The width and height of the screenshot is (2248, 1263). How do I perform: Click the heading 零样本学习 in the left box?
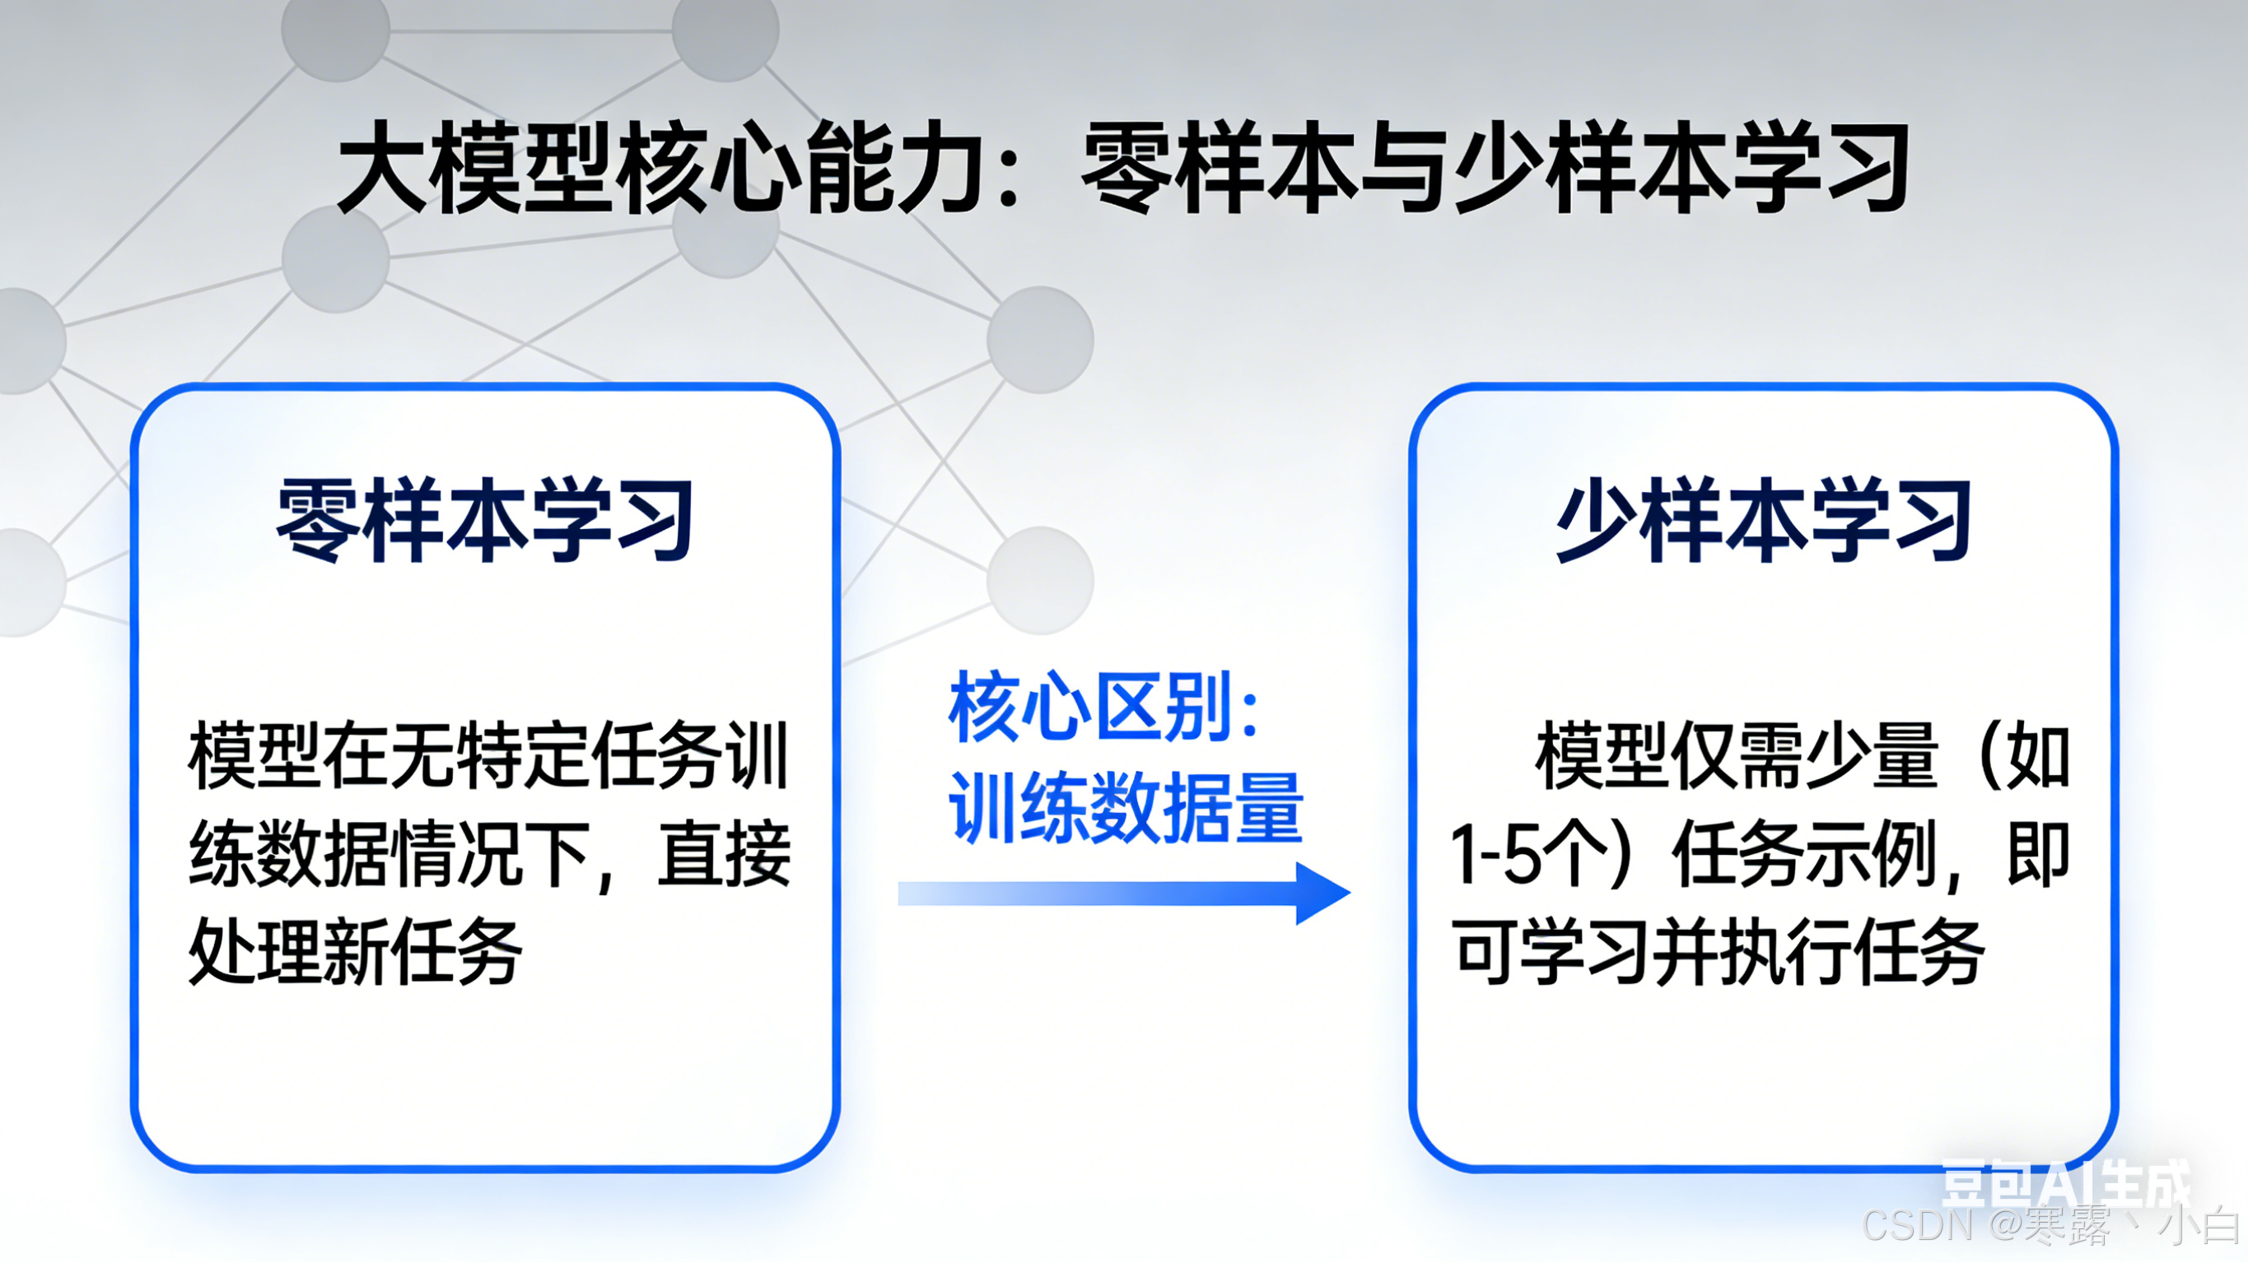[x=485, y=520]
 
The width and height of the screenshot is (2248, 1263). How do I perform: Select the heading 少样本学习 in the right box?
[x=1763, y=520]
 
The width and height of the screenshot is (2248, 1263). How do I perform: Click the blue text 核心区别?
[x=1104, y=707]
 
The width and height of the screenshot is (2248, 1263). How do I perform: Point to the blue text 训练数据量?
[x=1126, y=808]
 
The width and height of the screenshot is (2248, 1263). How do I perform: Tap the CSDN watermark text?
[x=2050, y=1225]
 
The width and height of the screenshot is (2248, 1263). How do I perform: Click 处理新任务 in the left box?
[x=354, y=953]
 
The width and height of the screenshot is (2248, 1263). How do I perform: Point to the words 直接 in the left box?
[x=725, y=855]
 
